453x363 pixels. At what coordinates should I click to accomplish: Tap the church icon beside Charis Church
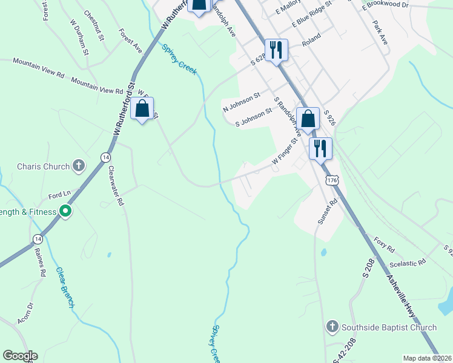78,165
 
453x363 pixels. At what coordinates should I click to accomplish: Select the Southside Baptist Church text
389,327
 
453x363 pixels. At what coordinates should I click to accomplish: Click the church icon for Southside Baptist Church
331,327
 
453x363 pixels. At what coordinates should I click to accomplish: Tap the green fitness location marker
65,211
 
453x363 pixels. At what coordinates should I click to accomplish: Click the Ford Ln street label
59,195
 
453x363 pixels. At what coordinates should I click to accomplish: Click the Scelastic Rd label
409,261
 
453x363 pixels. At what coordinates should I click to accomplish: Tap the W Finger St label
285,152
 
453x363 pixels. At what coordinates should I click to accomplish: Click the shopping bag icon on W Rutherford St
142,109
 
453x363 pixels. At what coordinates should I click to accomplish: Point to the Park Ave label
380,33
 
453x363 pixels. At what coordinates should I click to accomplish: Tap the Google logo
20,356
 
